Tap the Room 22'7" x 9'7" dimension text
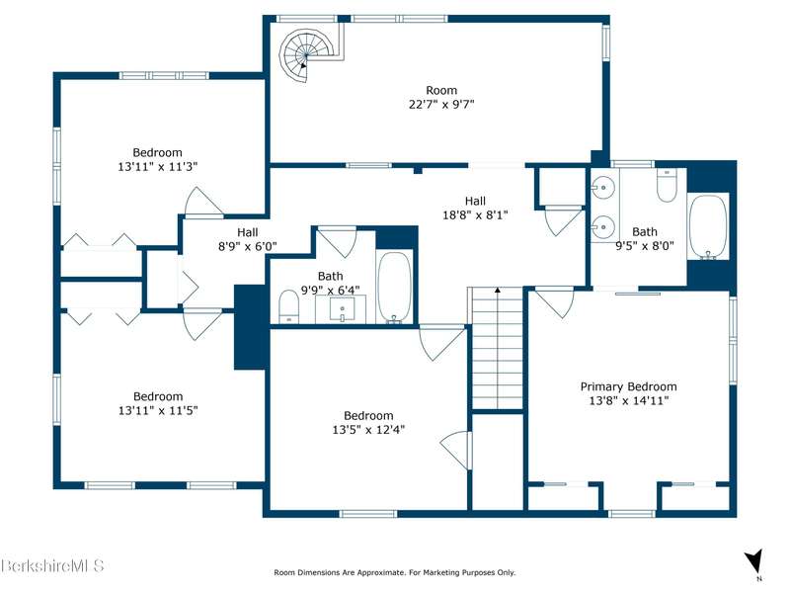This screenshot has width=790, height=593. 441,105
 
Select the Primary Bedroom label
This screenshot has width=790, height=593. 628,386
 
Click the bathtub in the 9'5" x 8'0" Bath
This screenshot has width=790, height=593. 708,227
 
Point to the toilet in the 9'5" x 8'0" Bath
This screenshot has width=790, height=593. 666,185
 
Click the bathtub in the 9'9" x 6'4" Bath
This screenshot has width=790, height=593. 394,287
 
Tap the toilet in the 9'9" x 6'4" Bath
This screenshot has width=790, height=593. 289,306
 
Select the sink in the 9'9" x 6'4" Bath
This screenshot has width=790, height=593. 342,308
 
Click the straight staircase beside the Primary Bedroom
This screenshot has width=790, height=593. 498,348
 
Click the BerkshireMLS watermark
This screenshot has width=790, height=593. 52,564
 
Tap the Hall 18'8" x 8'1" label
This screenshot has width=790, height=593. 475,209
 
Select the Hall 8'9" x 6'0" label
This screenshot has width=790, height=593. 248,239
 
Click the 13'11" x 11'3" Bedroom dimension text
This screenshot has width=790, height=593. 158,166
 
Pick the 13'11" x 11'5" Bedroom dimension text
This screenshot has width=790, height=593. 158,410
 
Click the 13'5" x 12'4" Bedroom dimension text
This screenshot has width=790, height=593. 368,430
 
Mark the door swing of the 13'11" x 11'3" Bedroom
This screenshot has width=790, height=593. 203,203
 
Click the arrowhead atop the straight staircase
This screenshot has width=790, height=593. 498,290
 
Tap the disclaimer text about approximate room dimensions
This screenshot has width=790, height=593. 394,572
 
